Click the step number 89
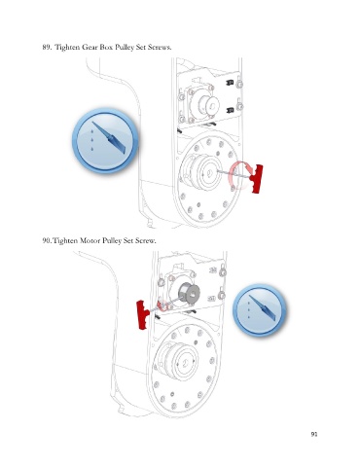(47, 47)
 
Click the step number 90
(47, 240)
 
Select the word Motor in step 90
(90, 240)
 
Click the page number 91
(313, 434)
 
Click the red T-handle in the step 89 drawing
(257, 179)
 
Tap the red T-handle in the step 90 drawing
(142, 314)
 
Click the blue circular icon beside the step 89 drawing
(105, 140)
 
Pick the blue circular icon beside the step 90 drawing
(260, 309)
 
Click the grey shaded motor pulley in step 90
(189, 293)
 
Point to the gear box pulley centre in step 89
(208, 172)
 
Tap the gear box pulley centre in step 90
(187, 362)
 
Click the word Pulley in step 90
(112, 240)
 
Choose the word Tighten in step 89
(67, 47)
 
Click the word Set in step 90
(128, 240)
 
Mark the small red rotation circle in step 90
(163, 305)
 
